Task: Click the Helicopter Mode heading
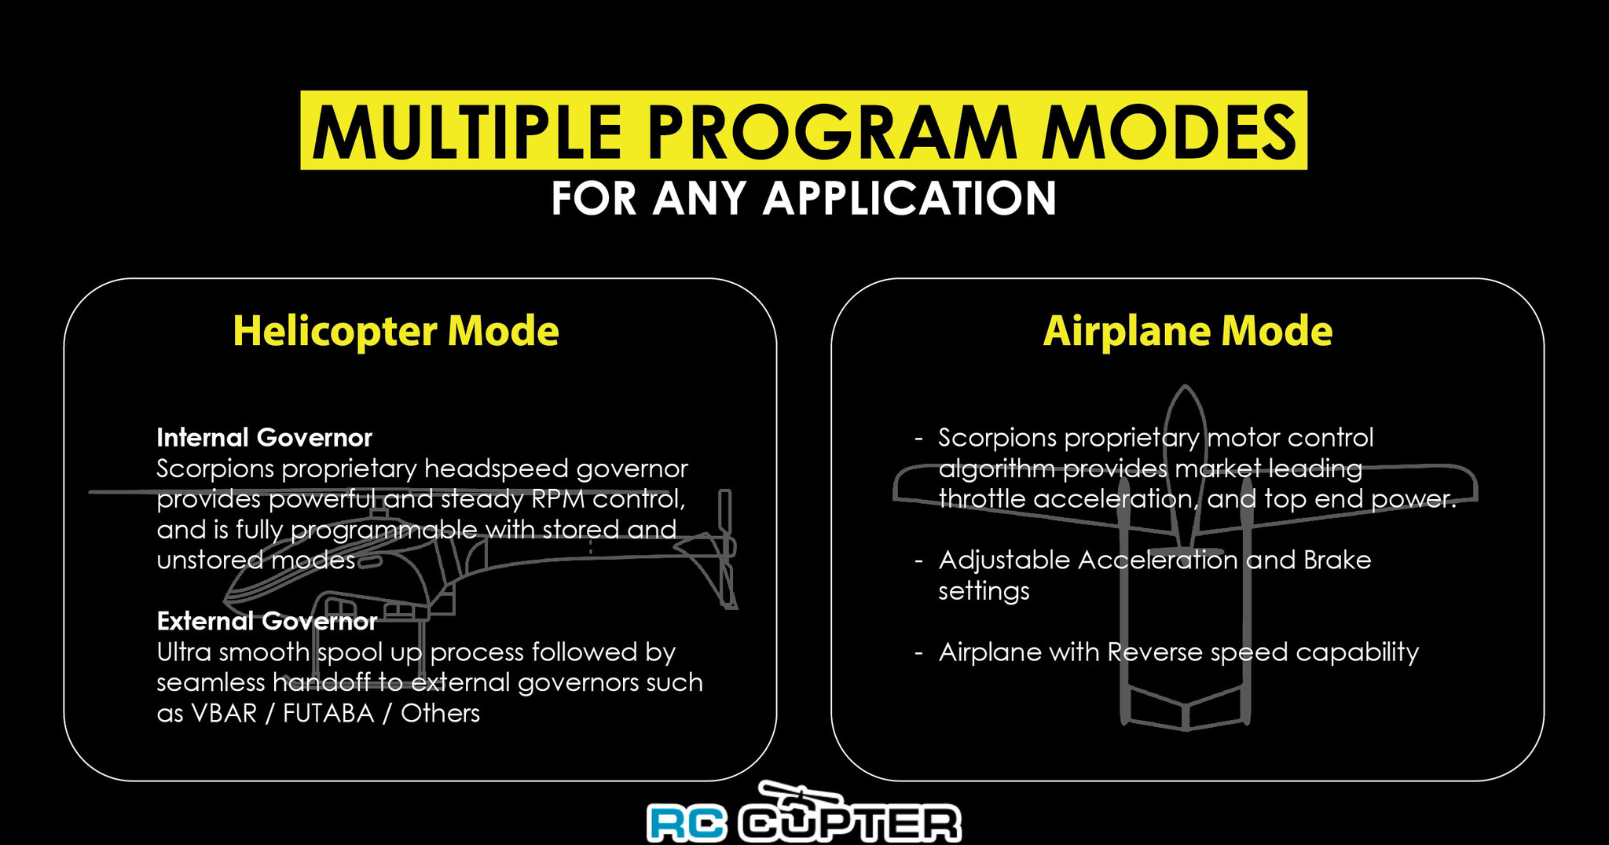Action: [396, 331]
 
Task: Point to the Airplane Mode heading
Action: [1188, 331]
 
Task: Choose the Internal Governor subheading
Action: [264, 437]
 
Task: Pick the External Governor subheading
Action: [267, 621]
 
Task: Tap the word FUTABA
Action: [328, 713]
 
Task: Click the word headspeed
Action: [497, 468]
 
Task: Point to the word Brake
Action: [1337, 560]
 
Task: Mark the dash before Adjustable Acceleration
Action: [918, 561]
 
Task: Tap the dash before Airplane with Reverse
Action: [918, 653]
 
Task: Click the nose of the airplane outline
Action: [1186, 389]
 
